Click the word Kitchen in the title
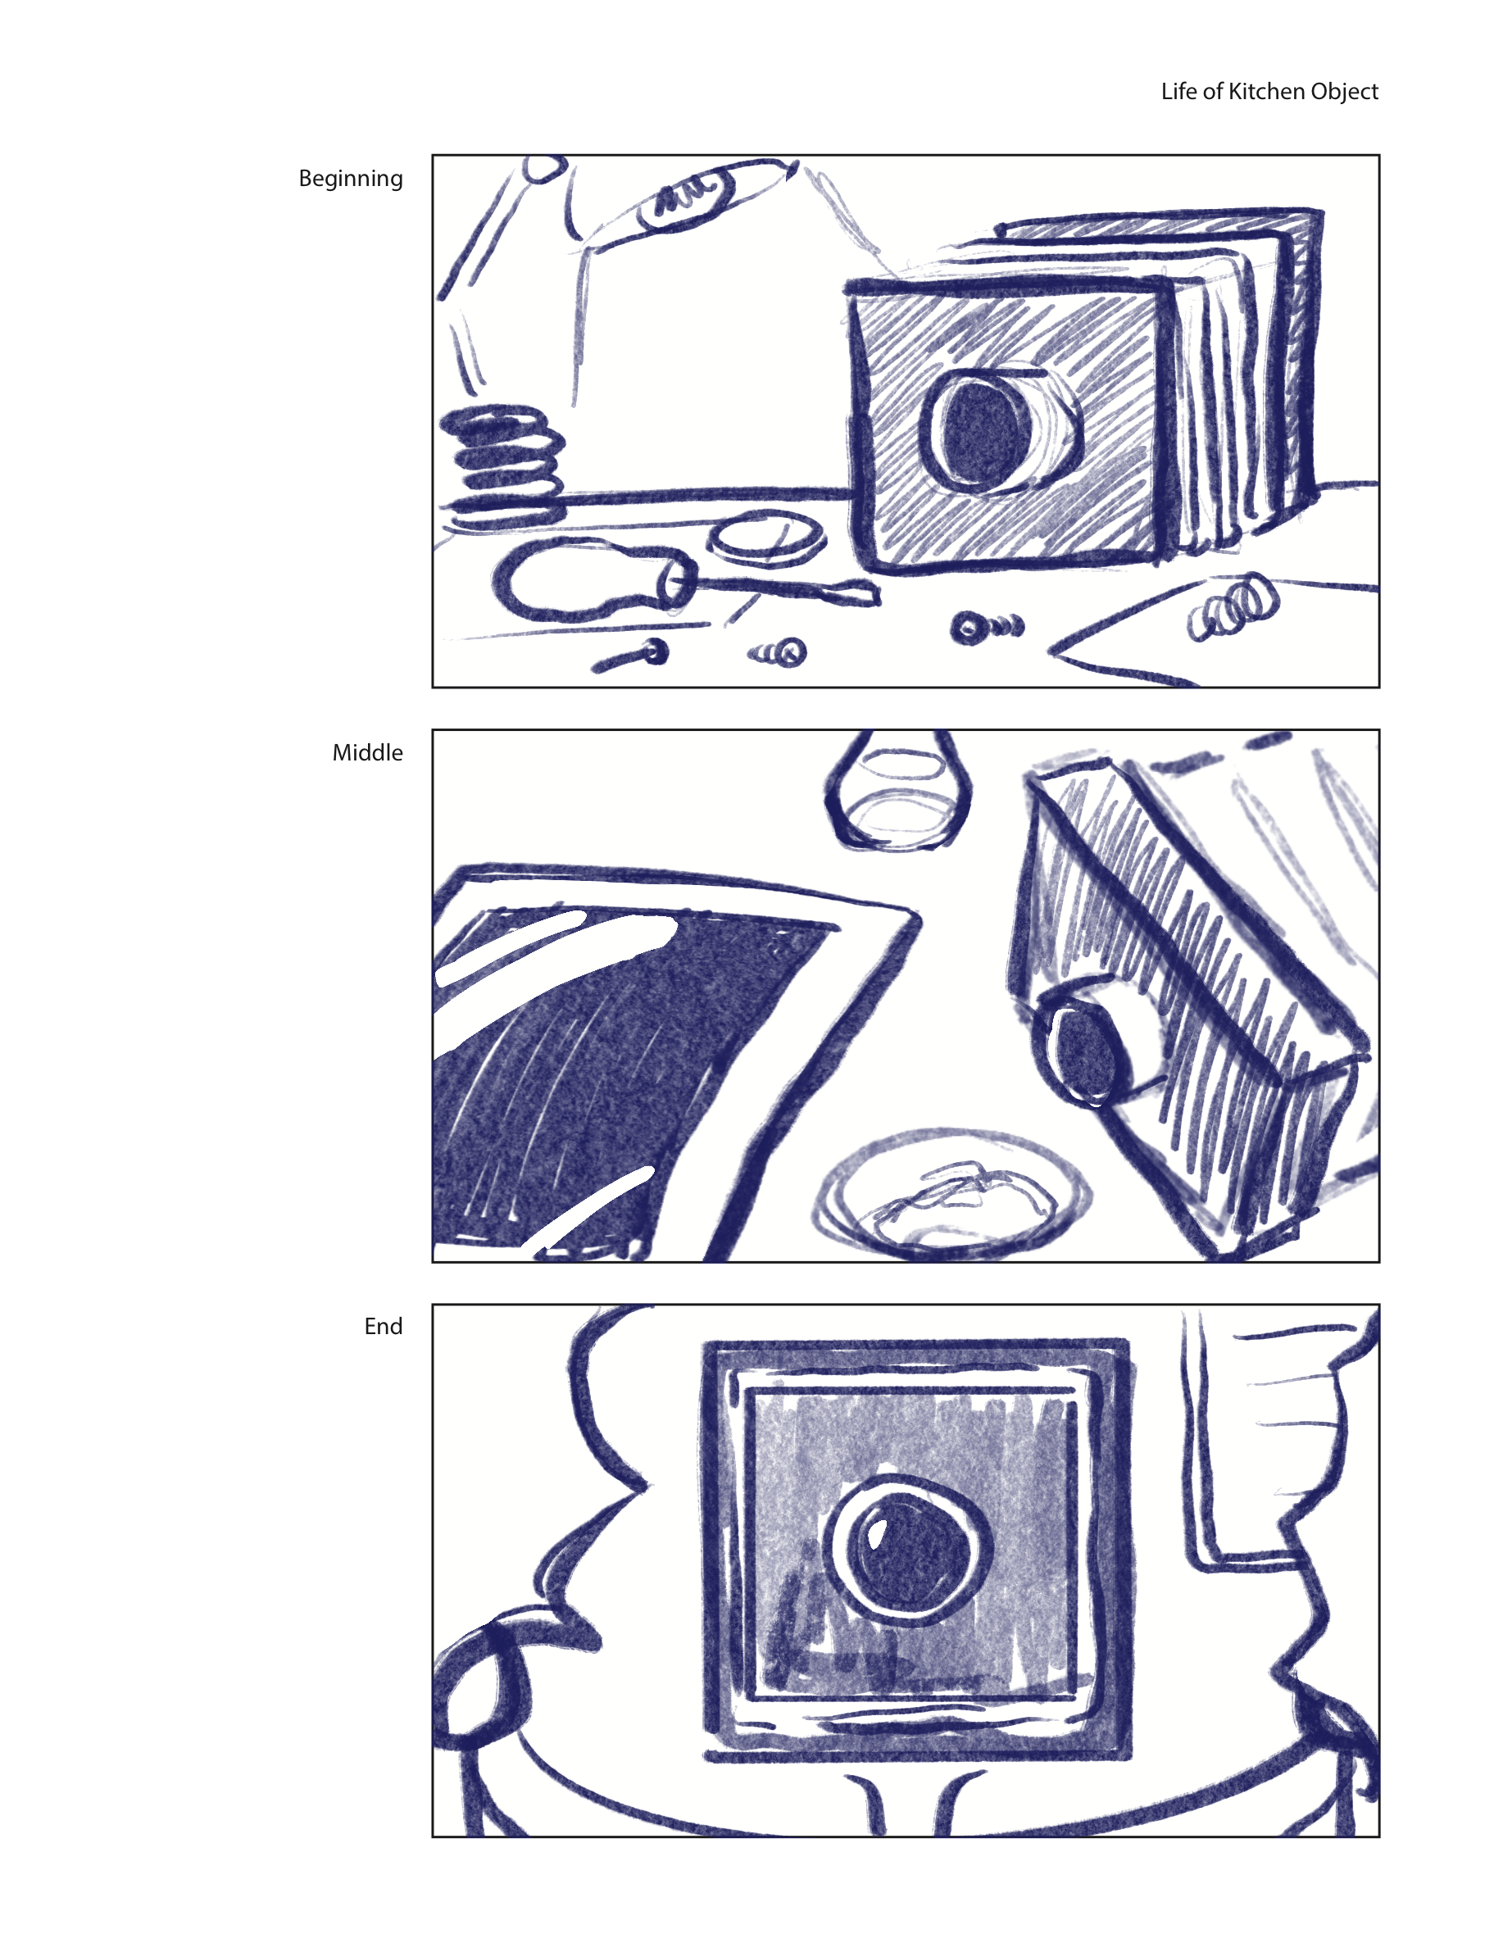1266,91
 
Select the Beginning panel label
351,179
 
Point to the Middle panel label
367,751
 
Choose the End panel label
384,1326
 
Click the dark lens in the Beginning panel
980,431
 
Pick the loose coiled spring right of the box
1233,607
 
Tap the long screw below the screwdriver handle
630,656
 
